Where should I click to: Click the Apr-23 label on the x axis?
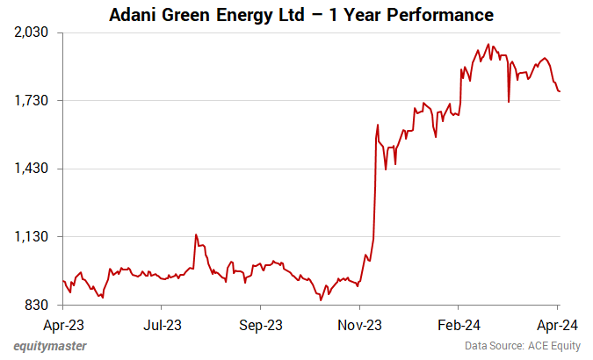tap(63, 322)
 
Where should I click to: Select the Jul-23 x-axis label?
tap(162, 322)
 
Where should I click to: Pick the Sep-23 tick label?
tap(261, 322)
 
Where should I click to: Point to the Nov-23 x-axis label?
tap(360, 322)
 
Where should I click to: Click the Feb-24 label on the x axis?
tap(459, 322)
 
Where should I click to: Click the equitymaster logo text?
tap(50, 346)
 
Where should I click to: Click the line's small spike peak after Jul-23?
tap(196, 234)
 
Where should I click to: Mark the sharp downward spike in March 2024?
tap(509, 101)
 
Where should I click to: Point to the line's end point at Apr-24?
tap(560, 91)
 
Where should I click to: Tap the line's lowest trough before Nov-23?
tap(322, 300)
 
